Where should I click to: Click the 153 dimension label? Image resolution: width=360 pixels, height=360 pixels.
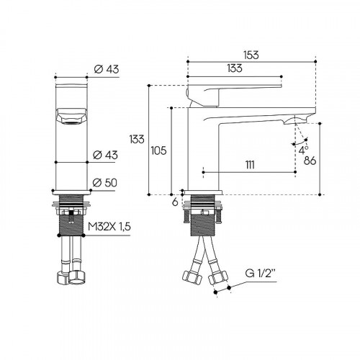[x=251, y=55]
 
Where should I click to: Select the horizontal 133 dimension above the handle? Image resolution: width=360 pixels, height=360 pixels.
[x=235, y=68]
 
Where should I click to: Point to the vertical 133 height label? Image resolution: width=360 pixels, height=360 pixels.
[x=137, y=139]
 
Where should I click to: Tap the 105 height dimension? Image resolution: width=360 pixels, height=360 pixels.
[x=158, y=150]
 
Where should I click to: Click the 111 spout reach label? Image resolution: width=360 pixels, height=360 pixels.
[x=250, y=165]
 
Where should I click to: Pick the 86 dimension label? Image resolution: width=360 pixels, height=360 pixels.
[x=310, y=161]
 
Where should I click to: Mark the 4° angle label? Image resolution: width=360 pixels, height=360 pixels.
[x=303, y=150]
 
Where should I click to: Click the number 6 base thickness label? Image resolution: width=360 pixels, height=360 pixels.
[x=175, y=202]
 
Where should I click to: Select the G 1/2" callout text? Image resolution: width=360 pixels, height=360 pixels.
[x=261, y=274]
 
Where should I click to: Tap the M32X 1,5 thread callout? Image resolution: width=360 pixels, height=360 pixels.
[x=109, y=226]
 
